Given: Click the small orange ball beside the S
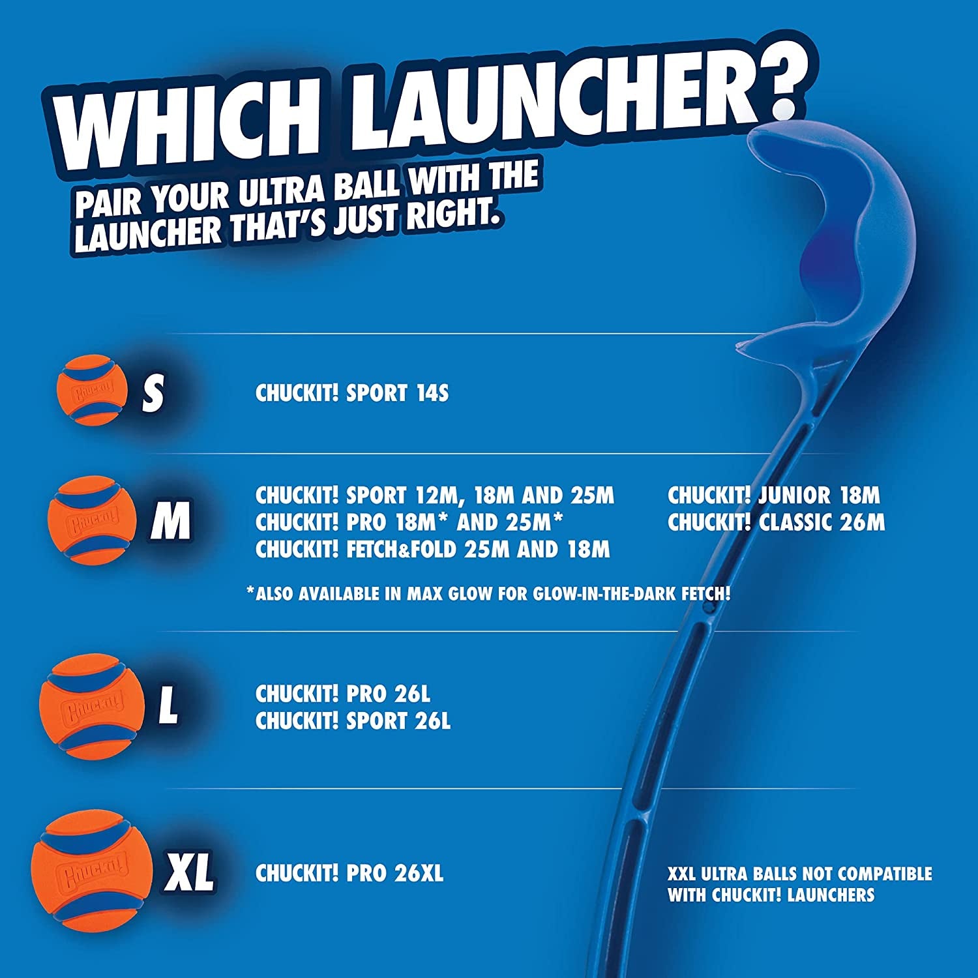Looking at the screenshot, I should click(92, 391).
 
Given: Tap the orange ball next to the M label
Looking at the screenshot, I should click(93, 520).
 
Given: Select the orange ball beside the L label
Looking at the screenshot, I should click(92, 706).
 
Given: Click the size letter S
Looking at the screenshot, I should click(153, 393).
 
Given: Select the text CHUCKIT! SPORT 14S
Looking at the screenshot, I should click(352, 393).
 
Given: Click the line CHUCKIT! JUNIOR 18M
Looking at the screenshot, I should click(773, 496).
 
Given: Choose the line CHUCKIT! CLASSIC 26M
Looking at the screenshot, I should click(776, 522).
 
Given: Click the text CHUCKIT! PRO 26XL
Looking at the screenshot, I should click(349, 873).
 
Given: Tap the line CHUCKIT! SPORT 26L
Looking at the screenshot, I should click(353, 721).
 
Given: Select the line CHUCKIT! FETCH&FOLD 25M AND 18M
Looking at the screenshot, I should click(432, 550).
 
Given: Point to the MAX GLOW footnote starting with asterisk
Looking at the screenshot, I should click(488, 594).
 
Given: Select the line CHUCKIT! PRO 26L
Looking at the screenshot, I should click(343, 694).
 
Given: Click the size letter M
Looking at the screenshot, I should click(171, 521).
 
